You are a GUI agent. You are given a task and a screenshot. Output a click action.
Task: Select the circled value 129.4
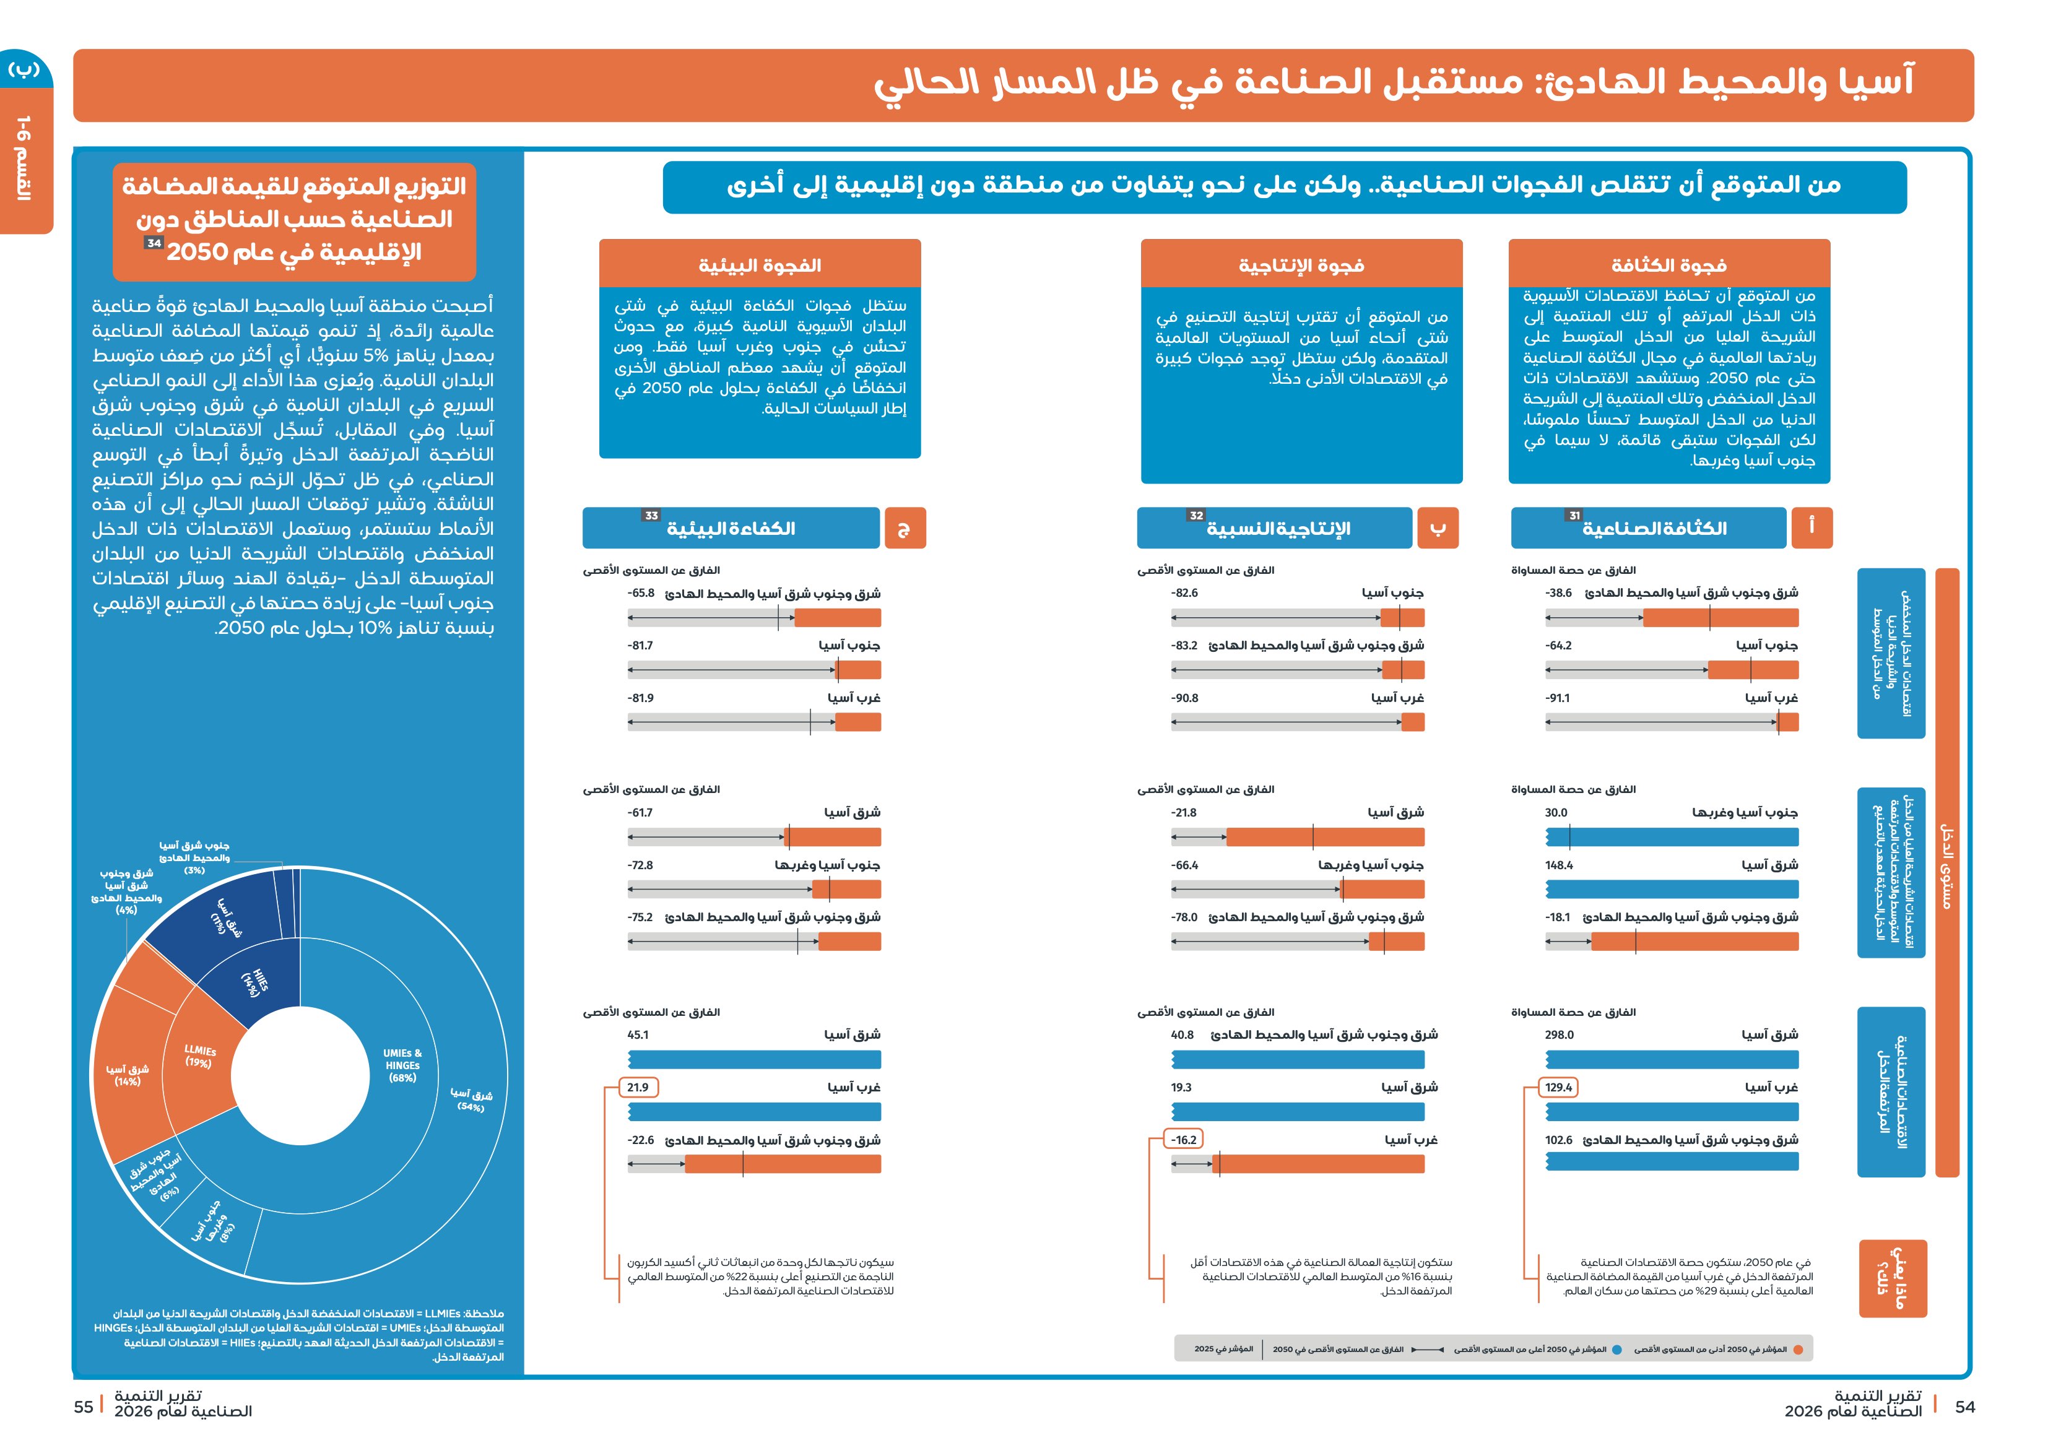tap(1558, 1088)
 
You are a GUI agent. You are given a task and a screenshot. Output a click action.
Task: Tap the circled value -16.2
tap(1184, 1140)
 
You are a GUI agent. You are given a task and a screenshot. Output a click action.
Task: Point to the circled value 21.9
tap(638, 1088)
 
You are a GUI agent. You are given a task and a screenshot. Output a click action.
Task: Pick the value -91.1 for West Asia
tap(1558, 698)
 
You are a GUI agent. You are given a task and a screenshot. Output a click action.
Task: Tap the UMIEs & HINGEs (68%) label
tap(402, 1065)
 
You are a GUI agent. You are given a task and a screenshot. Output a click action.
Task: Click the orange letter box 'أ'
tap(1812, 527)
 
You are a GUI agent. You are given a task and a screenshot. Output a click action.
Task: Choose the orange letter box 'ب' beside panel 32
tap(1437, 527)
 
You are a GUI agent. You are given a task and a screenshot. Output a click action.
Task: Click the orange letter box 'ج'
tap(905, 527)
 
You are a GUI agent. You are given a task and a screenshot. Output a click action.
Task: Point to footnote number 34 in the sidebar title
tap(154, 243)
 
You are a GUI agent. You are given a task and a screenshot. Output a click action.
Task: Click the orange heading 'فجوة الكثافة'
tap(1669, 264)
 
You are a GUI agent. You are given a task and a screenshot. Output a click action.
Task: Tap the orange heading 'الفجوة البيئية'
tap(760, 264)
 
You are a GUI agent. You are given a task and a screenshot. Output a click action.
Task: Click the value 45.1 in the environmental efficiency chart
tap(638, 1035)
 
